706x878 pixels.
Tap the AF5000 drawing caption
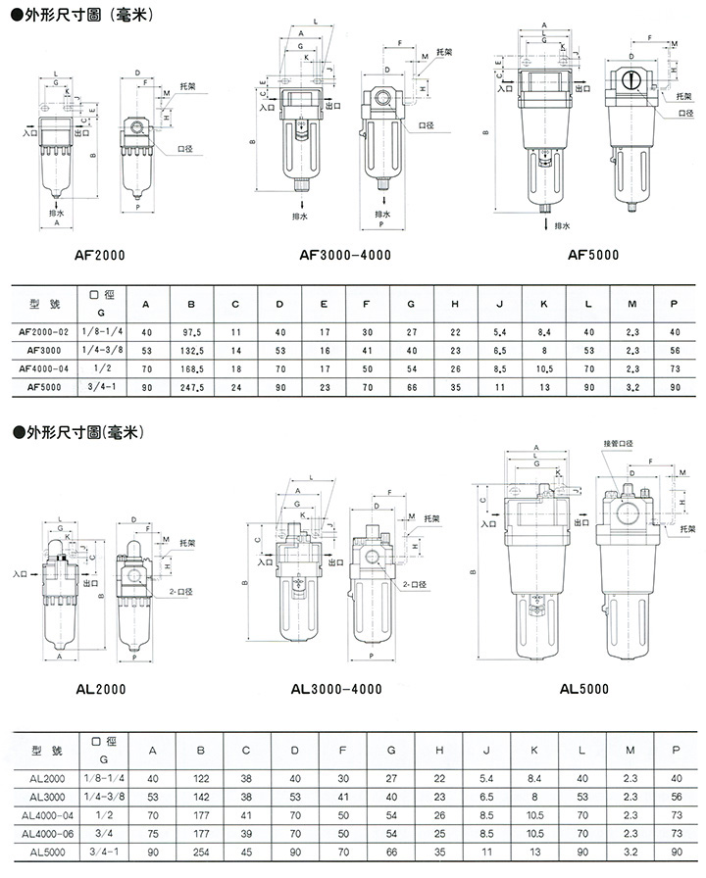(592, 254)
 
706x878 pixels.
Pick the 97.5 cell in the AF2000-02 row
(191, 333)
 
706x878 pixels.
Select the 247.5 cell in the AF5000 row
(191, 389)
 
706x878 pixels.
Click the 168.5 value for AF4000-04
(191, 370)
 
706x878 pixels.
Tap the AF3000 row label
(47, 352)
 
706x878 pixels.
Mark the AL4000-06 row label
(51, 834)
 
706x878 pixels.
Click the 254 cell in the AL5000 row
(200, 853)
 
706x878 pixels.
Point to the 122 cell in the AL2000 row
(200, 778)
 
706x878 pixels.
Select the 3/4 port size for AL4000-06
(101, 834)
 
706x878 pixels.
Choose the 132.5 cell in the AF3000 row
(191, 352)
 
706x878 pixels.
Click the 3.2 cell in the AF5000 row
(631, 389)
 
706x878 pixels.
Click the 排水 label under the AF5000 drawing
(562, 225)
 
